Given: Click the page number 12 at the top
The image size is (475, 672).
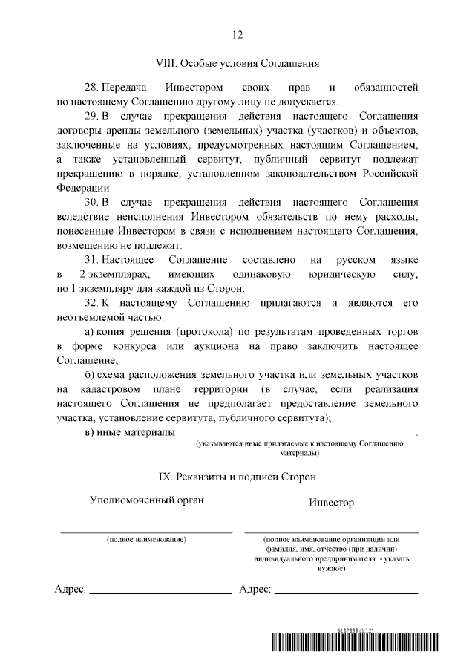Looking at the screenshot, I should pos(237,34).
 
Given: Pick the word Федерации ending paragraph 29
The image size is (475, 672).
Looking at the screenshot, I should pos(83,188).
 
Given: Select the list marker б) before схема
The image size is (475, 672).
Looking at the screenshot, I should pos(91,374).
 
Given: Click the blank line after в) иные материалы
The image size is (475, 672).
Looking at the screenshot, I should pos(297,432).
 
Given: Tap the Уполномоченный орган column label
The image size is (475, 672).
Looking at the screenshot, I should pos(146,500).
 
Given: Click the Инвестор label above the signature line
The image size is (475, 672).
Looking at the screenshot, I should pos(331,503).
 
